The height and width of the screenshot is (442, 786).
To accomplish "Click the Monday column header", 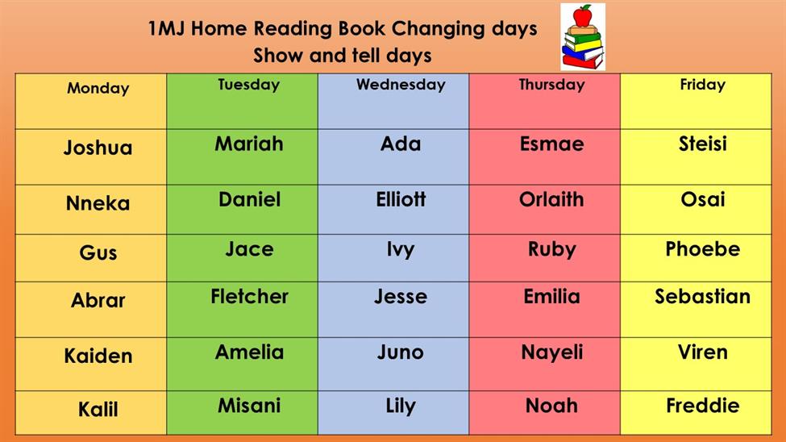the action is [x=98, y=88].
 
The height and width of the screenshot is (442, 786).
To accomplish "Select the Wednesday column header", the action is [x=401, y=84].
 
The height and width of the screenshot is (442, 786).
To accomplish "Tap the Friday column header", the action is [x=702, y=84].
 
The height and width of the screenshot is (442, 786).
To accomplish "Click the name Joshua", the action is [x=98, y=148].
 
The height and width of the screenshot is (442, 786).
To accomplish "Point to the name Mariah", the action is [x=249, y=144].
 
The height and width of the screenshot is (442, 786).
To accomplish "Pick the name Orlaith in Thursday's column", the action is [x=551, y=200].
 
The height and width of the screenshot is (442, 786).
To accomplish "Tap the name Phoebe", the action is [x=702, y=249].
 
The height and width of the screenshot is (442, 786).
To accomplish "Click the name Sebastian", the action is [x=702, y=297].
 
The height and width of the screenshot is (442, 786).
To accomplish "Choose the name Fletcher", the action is [x=249, y=297].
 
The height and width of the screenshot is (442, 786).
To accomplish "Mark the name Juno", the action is [x=401, y=352].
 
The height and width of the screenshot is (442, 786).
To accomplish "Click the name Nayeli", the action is [x=552, y=352].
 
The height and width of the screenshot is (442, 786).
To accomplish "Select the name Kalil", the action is [x=98, y=410].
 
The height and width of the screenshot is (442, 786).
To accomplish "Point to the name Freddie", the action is [x=702, y=406].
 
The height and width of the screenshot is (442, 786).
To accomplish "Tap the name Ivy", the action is [x=401, y=250].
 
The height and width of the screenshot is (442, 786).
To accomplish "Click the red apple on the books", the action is [x=583, y=15].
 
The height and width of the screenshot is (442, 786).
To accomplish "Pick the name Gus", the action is [x=98, y=252].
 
